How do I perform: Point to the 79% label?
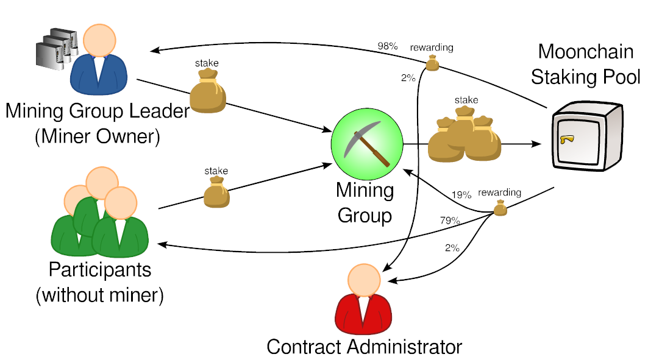coord(450,221)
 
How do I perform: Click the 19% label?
coord(461,195)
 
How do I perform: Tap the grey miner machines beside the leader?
coord(55,47)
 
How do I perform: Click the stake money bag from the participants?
coord(216,192)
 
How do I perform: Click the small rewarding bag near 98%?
coord(432,62)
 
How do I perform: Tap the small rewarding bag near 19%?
coord(500,209)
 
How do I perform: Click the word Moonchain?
coord(586,52)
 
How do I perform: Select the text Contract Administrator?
coord(365,347)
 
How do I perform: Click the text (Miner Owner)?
coord(98,136)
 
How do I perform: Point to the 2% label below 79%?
coord(452,248)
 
